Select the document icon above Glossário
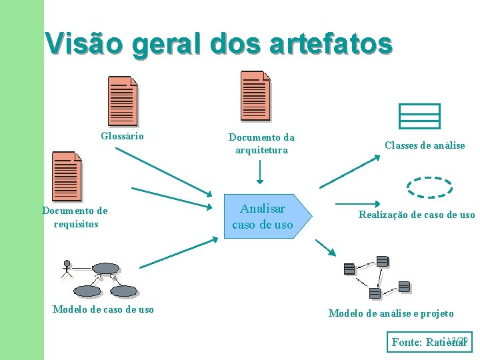pos(123,101)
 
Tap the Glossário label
pos(122,136)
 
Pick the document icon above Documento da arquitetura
pos(255,95)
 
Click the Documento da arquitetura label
pos(261,143)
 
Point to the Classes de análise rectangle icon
pos(419,116)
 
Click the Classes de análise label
pos(425,145)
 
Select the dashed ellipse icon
pos(429,187)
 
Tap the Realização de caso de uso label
pos(417,215)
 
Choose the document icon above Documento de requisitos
pos(67,176)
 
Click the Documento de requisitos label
pos(75,217)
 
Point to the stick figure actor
pos(66,267)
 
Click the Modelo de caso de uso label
pos(103,309)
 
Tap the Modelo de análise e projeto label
pos(391,313)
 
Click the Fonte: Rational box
pos(430,342)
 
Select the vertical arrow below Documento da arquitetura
pos(261,172)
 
